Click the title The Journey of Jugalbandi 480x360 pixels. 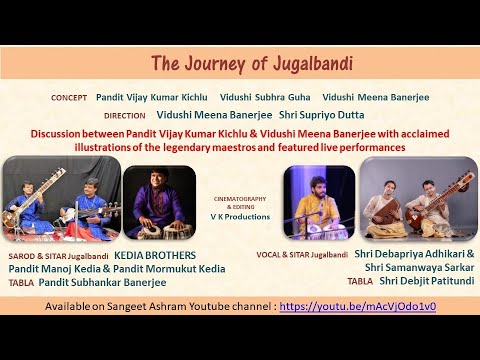(239, 65)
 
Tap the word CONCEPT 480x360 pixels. (70, 98)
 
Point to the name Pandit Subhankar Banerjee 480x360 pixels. (100, 281)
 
